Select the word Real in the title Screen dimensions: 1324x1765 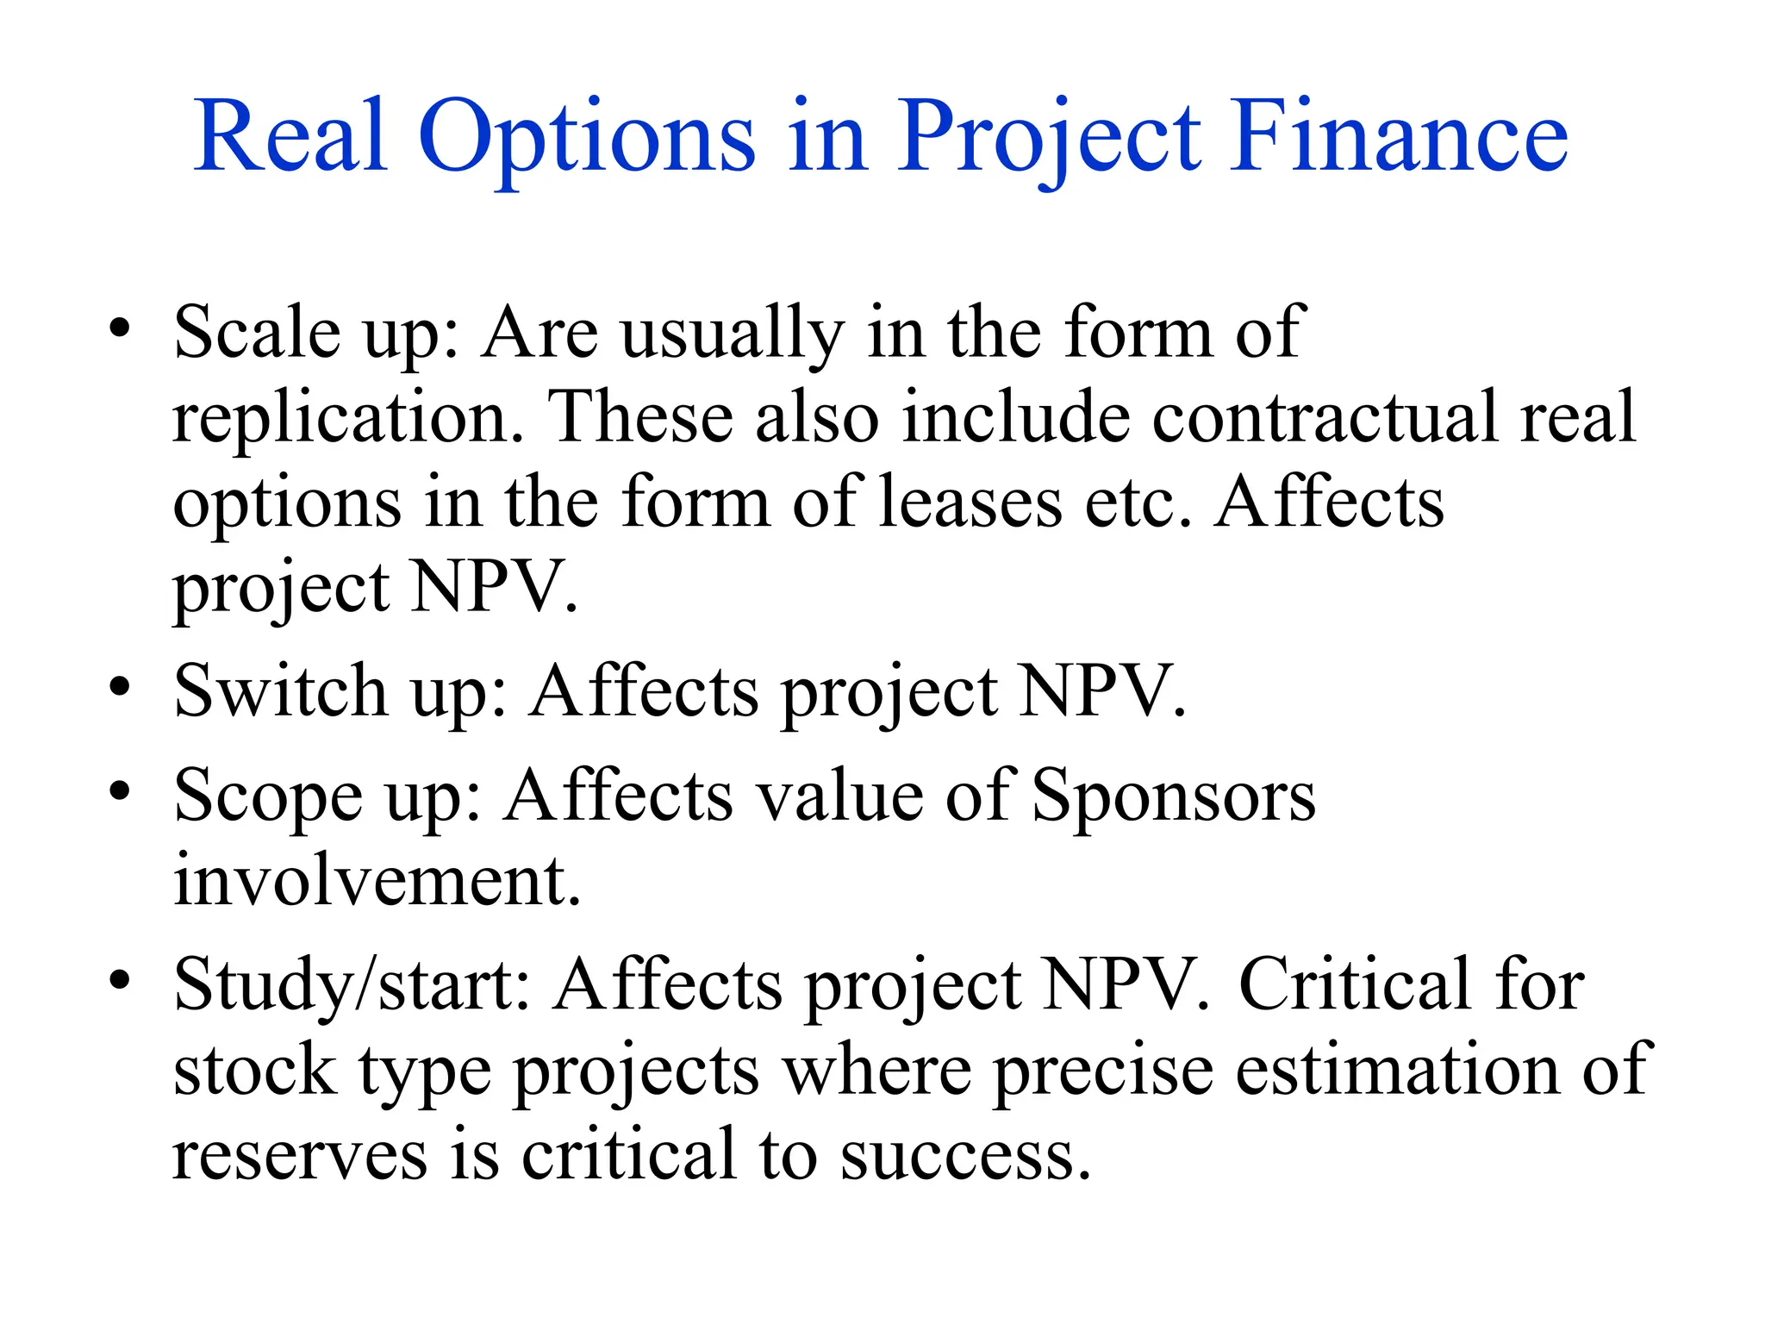pyautogui.click(x=290, y=138)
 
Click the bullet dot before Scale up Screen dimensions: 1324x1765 pyautogui.click(x=120, y=328)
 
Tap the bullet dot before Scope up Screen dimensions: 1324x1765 pyautogui.click(x=120, y=790)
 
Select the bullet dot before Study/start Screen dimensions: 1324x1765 pyautogui.click(x=120, y=980)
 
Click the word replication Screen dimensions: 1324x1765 pyautogui.click(x=348, y=418)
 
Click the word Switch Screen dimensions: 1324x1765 pyautogui.click(x=280, y=690)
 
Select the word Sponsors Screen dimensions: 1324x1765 pyautogui.click(x=1173, y=796)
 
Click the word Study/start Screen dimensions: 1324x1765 pyautogui.click(x=352, y=985)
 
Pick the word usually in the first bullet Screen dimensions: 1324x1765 pyautogui.click(x=733, y=334)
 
